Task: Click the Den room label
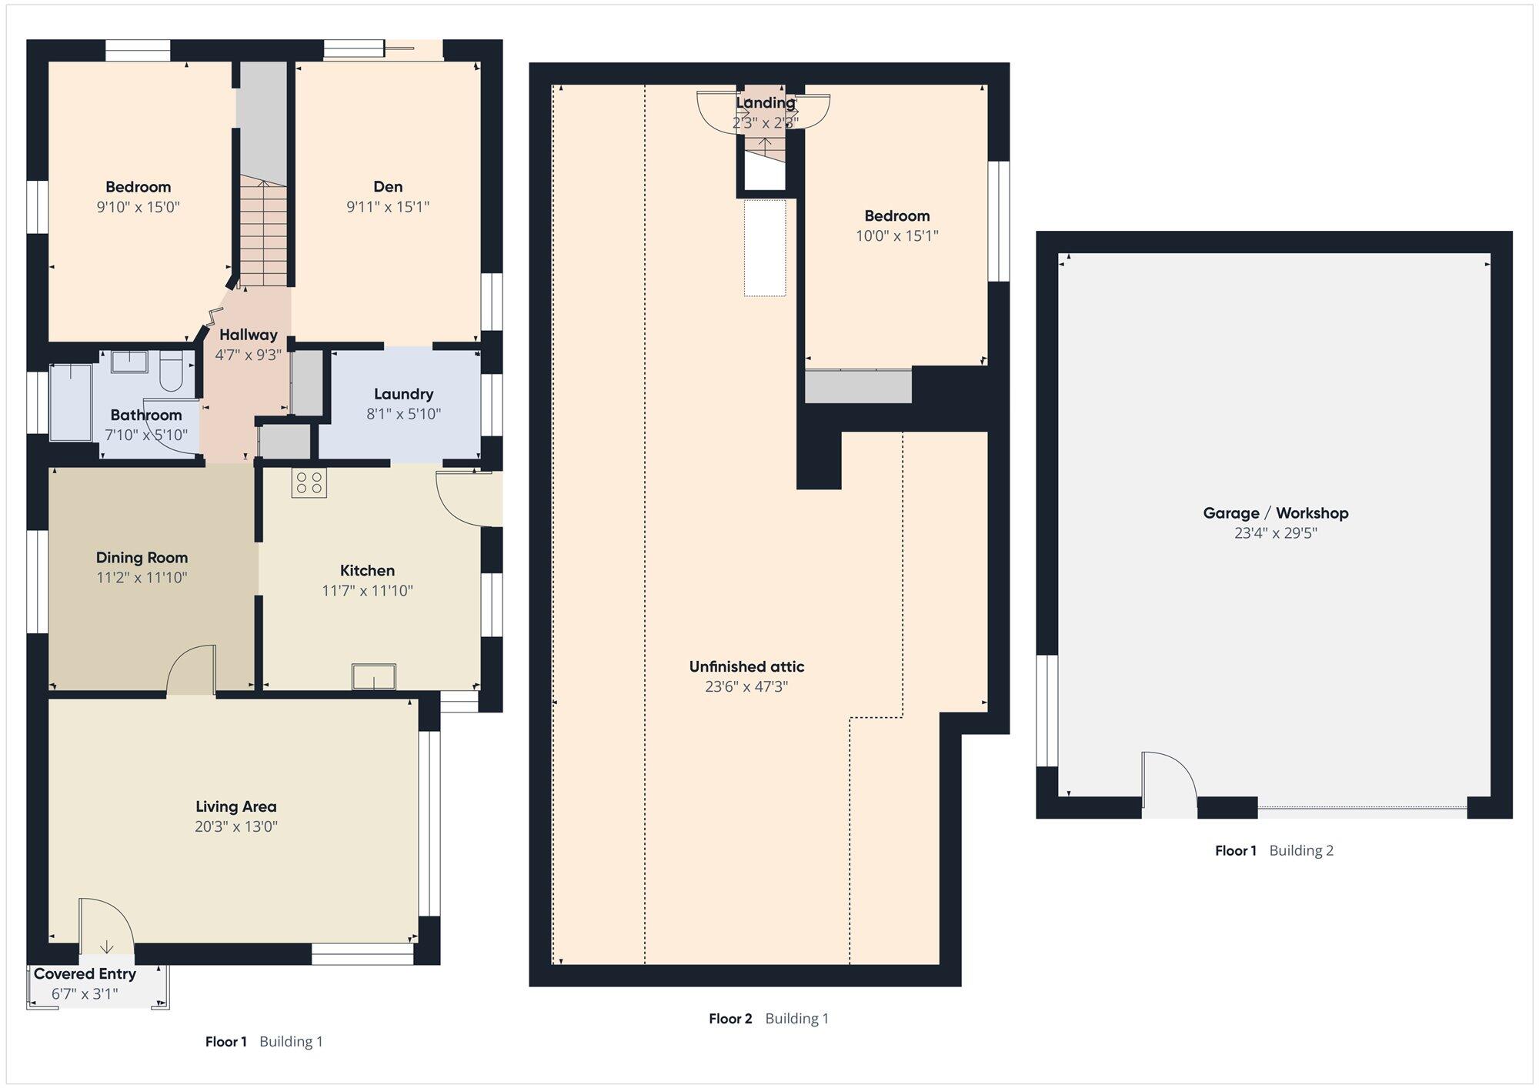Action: coord(388,186)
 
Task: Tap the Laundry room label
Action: coord(403,394)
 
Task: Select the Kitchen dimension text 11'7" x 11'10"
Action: coord(367,590)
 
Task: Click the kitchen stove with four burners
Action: coord(309,482)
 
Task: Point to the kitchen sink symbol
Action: coord(374,676)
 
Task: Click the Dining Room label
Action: coord(142,557)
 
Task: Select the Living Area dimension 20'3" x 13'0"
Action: coord(235,826)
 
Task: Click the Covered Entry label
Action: coord(85,973)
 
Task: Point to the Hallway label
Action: coord(248,335)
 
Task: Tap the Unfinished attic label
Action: coord(746,666)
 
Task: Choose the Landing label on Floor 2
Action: coord(765,102)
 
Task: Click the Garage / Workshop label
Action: coord(1275,512)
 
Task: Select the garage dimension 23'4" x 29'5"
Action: coord(1275,532)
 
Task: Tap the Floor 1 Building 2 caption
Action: coord(1274,850)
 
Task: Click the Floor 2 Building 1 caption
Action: coord(768,1019)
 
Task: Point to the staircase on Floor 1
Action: coord(262,232)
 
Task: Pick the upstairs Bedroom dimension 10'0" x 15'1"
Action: coord(896,235)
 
